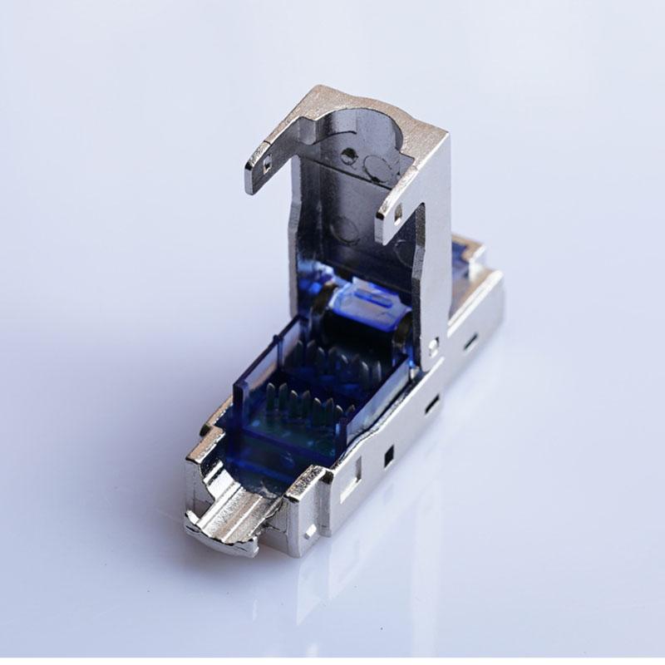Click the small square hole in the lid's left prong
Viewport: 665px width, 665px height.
coord(265,165)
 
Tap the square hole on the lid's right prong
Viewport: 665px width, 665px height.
coord(397,214)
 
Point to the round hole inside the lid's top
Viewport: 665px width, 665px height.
coord(348,155)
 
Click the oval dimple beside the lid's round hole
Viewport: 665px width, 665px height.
coord(378,170)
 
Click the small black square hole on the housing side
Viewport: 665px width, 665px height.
coord(388,456)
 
